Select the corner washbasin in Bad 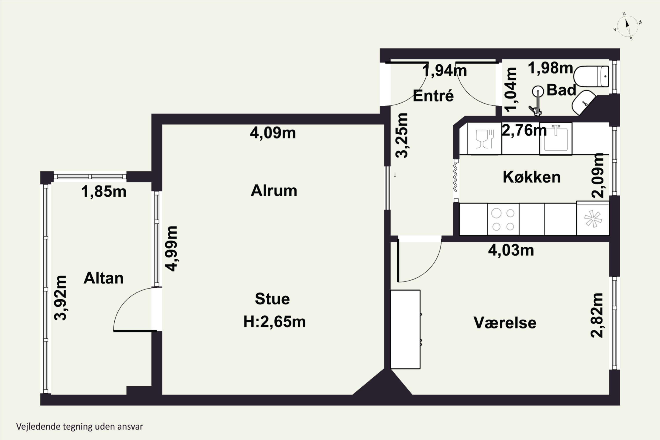[583, 103]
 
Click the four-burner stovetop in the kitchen [503, 219]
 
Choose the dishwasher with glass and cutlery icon [484, 139]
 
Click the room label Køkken [532, 177]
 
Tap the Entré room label [433, 96]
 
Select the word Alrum [274, 191]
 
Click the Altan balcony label [104, 278]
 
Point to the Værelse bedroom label [505, 323]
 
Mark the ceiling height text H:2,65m [274, 322]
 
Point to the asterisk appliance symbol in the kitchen [593, 219]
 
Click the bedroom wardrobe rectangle [405, 329]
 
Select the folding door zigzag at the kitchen [455, 177]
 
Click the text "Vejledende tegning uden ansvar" [80, 427]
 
